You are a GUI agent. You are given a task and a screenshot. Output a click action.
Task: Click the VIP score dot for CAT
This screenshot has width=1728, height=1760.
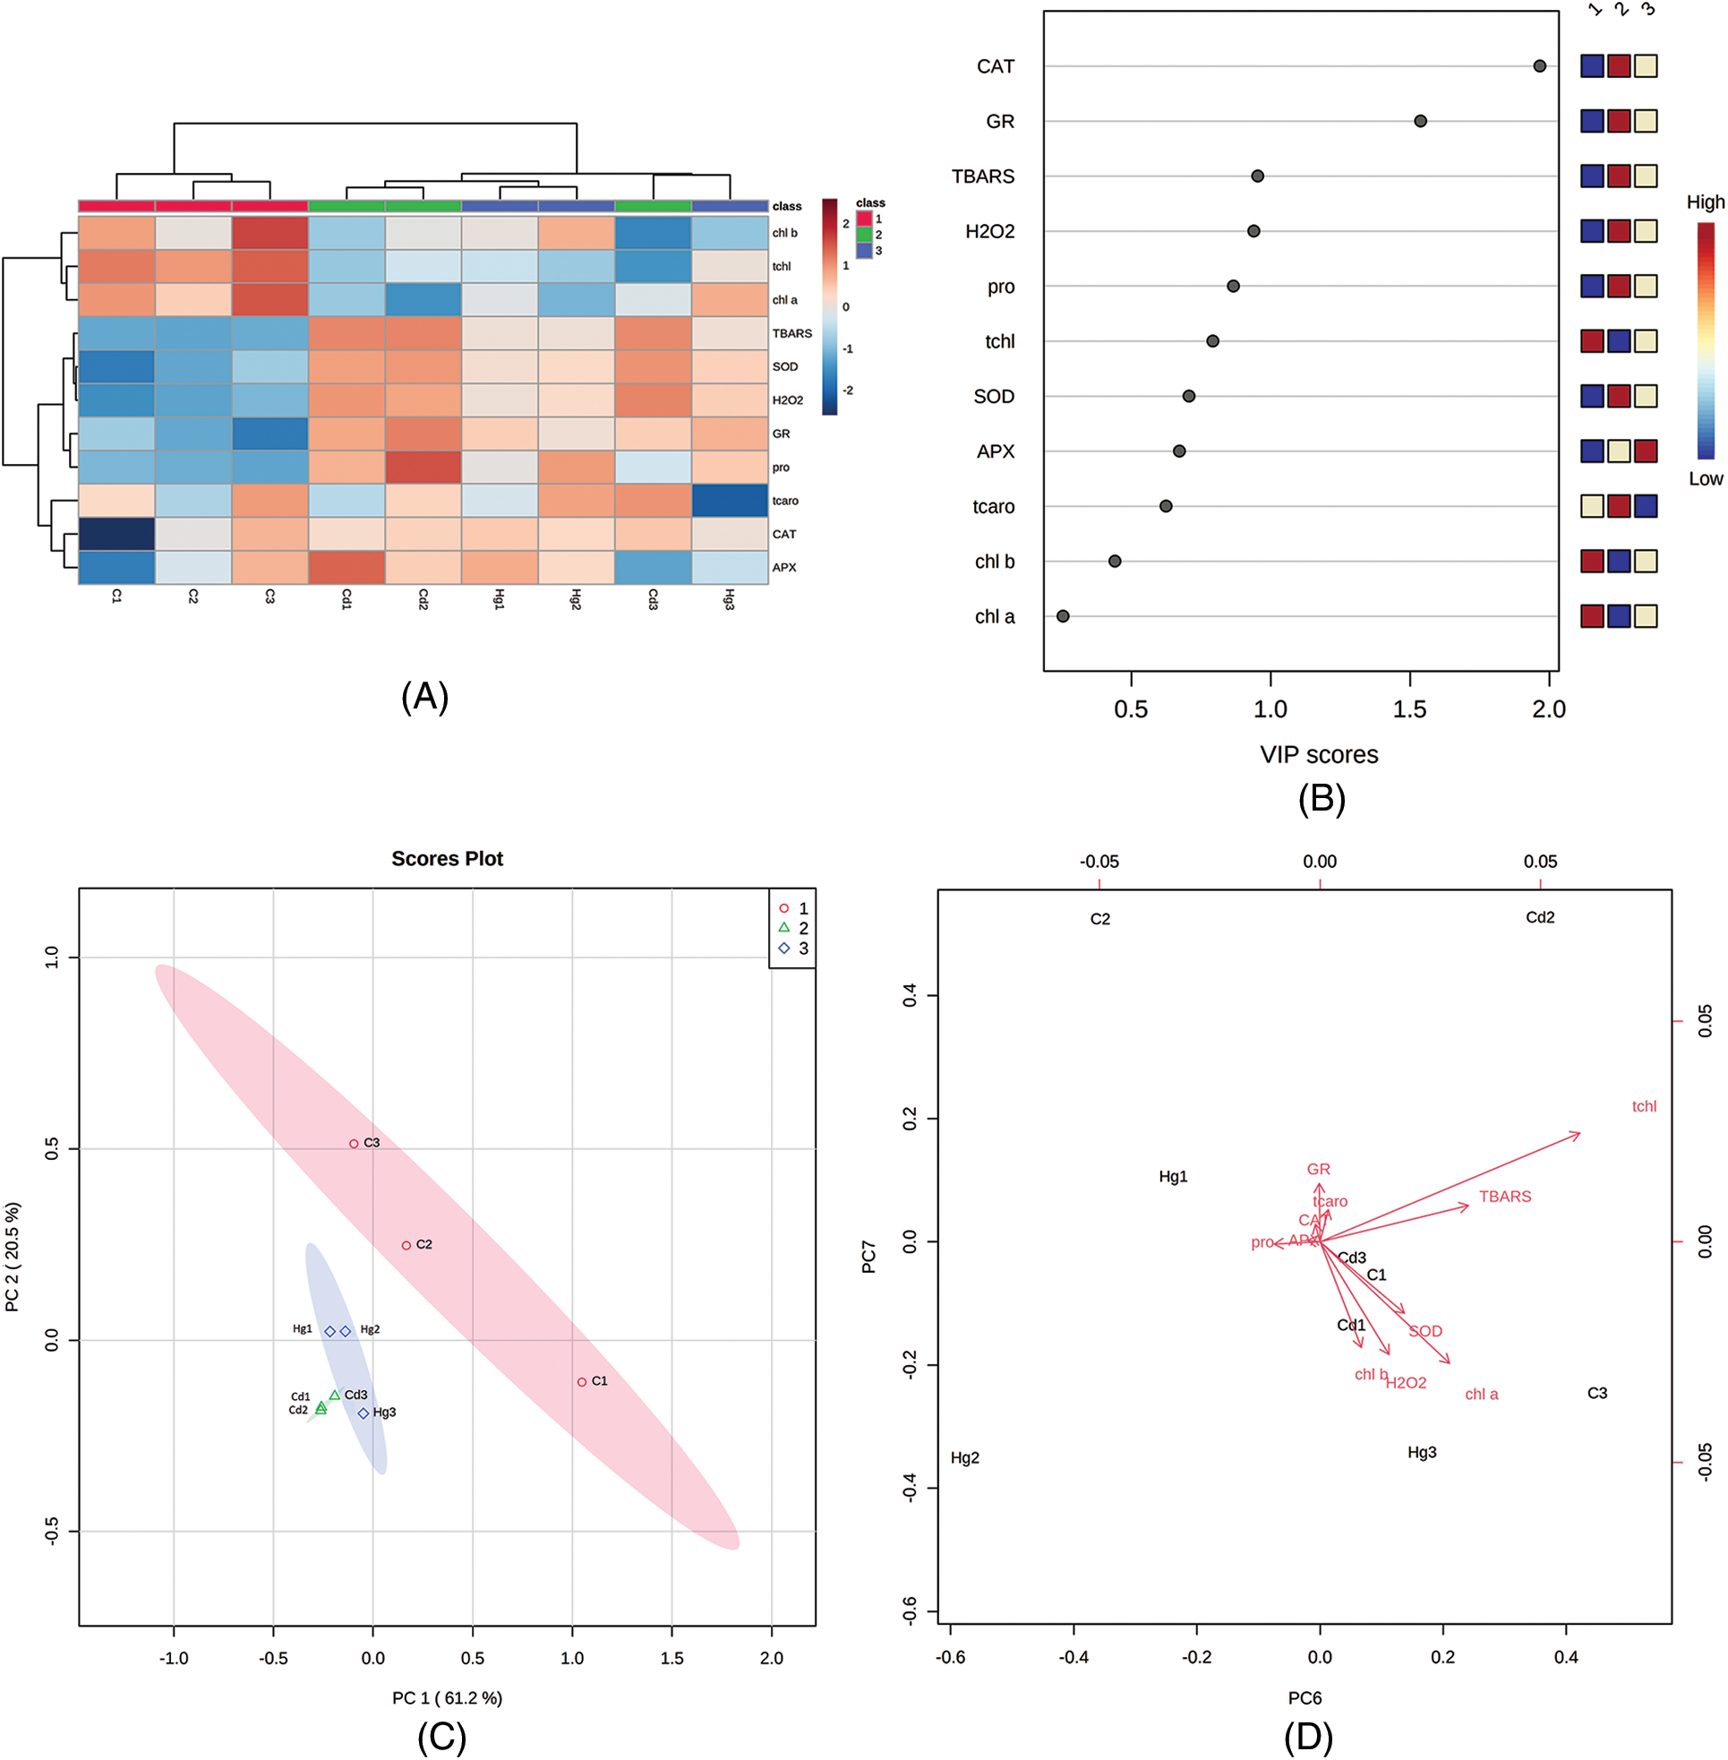point(1539,66)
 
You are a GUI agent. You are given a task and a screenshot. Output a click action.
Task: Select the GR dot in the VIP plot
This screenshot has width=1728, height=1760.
point(1420,121)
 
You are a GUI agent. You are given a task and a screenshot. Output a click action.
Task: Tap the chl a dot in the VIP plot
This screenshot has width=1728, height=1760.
point(1063,616)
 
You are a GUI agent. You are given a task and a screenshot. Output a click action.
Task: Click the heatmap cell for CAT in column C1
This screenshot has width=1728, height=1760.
point(116,534)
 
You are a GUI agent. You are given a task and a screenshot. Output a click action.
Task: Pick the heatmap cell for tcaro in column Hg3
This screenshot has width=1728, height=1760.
point(730,500)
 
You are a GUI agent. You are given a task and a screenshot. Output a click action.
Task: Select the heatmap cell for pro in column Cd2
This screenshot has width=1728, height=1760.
point(423,467)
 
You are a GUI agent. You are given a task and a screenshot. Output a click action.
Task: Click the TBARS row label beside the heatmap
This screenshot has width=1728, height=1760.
point(791,333)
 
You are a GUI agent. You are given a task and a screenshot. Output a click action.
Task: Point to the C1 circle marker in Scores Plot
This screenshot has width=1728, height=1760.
point(582,1382)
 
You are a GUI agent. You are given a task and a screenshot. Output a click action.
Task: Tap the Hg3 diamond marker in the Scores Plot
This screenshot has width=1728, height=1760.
point(363,1413)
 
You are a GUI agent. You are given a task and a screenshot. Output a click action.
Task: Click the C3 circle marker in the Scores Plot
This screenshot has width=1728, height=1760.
point(354,1144)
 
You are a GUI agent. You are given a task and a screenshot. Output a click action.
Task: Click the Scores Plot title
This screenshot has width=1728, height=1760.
point(447,859)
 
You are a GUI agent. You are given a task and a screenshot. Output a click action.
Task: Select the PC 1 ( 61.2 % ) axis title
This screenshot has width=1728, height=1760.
point(447,1697)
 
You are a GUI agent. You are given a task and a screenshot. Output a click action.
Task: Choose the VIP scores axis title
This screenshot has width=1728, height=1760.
point(1318,754)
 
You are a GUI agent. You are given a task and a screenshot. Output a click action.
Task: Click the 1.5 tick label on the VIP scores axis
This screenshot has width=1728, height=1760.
point(1408,708)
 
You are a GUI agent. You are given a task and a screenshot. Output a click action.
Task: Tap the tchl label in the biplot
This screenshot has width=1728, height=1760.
point(1644,1106)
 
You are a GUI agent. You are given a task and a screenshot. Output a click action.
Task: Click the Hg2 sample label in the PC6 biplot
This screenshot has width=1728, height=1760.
point(965,1458)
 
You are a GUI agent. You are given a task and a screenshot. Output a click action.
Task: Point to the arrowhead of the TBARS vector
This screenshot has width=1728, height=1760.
point(1466,1206)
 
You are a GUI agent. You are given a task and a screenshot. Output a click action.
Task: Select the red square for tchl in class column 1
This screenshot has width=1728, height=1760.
point(1592,341)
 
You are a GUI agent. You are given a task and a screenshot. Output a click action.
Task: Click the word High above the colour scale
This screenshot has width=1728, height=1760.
point(1705,202)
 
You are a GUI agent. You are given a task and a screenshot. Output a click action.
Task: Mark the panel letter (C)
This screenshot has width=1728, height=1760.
point(441,1737)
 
